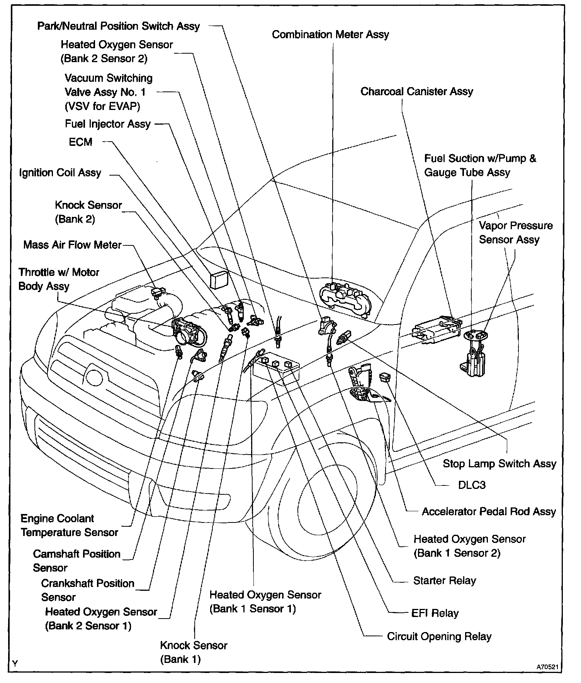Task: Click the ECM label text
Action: pyautogui.click(x=80, y=142)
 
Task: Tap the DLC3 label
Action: pyautogui.click(x=472, y=485)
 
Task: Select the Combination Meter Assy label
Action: pyautogui.click(x=330, y=35)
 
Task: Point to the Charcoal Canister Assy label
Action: pyautogui.click(x=416, y=92)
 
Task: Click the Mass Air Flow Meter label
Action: pyautogui.click(x=72, y=245)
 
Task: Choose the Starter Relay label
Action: pyautogui.click(x=444, y=581)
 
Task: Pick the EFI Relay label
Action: pyautogui.click(x=435, y=613)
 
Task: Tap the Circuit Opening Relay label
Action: pyautogui.click(x=439, y=636)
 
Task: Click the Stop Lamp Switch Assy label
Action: pyautogui.click(x=499, y=463)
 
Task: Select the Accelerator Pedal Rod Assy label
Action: pyautogui.click(x=489, y=512)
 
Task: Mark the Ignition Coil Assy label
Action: pyautogui.click(x=60, y=172)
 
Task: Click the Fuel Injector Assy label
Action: pyautogui.click(x=107, y=124)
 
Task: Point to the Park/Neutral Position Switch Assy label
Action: pyautogui.click(x=118, y=26)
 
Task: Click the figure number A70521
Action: pyautogui.click(x=549, y=667)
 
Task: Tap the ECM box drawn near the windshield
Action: pyautogui.click(x=219, y=279)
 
